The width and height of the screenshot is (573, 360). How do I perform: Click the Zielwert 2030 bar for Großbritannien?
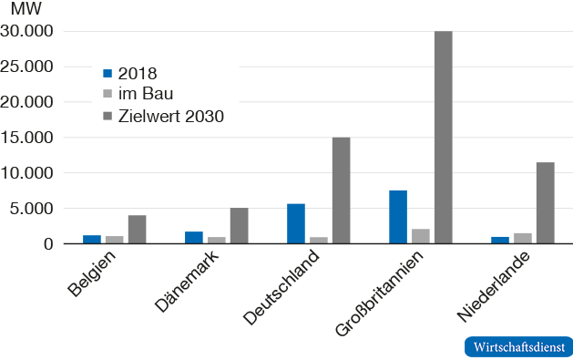point(443,138)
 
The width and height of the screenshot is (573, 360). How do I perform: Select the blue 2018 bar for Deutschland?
point(296,224)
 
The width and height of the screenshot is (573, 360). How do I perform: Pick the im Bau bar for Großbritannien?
point(421,237)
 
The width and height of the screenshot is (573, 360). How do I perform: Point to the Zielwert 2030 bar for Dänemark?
point(239,226)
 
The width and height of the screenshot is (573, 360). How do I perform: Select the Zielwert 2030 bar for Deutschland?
point(341,190)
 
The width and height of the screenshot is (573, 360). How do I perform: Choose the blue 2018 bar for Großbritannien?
point(398,217)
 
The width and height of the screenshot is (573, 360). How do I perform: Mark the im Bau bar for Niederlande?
point(523,239)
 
